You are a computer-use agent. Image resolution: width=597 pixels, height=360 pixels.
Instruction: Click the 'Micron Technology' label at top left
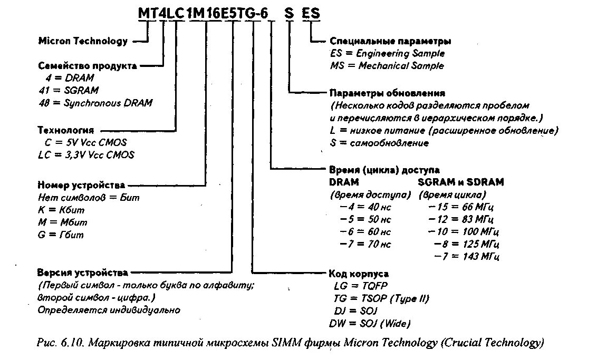[83, 41]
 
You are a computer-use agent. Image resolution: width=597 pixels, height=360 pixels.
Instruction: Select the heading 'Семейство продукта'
[88, 66]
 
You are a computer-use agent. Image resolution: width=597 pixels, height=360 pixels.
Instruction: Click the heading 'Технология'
[65, 130]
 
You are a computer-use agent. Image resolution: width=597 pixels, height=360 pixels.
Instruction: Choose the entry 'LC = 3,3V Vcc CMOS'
[86, 155]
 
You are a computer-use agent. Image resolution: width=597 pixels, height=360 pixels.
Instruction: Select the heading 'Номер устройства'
[81, 185]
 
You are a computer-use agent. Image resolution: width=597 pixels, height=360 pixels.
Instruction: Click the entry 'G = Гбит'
[61, 235]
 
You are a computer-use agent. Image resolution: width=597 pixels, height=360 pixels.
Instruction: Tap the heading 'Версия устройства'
[82, 273]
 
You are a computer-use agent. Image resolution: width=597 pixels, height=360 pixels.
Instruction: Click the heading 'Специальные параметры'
[390, 41]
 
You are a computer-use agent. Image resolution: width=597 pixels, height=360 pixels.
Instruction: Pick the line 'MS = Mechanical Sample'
[387, 66]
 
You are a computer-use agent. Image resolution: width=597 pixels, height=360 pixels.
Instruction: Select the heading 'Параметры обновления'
[387, 93]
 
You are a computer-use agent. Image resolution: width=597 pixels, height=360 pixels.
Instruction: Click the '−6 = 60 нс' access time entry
[365, 232]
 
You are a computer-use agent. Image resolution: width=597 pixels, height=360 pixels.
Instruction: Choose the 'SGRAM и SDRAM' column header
[460, 182]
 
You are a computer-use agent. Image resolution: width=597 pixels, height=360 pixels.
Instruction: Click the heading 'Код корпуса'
[359, 274]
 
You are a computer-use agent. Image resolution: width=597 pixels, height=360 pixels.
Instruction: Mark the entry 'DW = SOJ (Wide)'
[369, 323]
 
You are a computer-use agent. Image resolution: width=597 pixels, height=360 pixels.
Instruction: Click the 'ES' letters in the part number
[311, 14]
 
